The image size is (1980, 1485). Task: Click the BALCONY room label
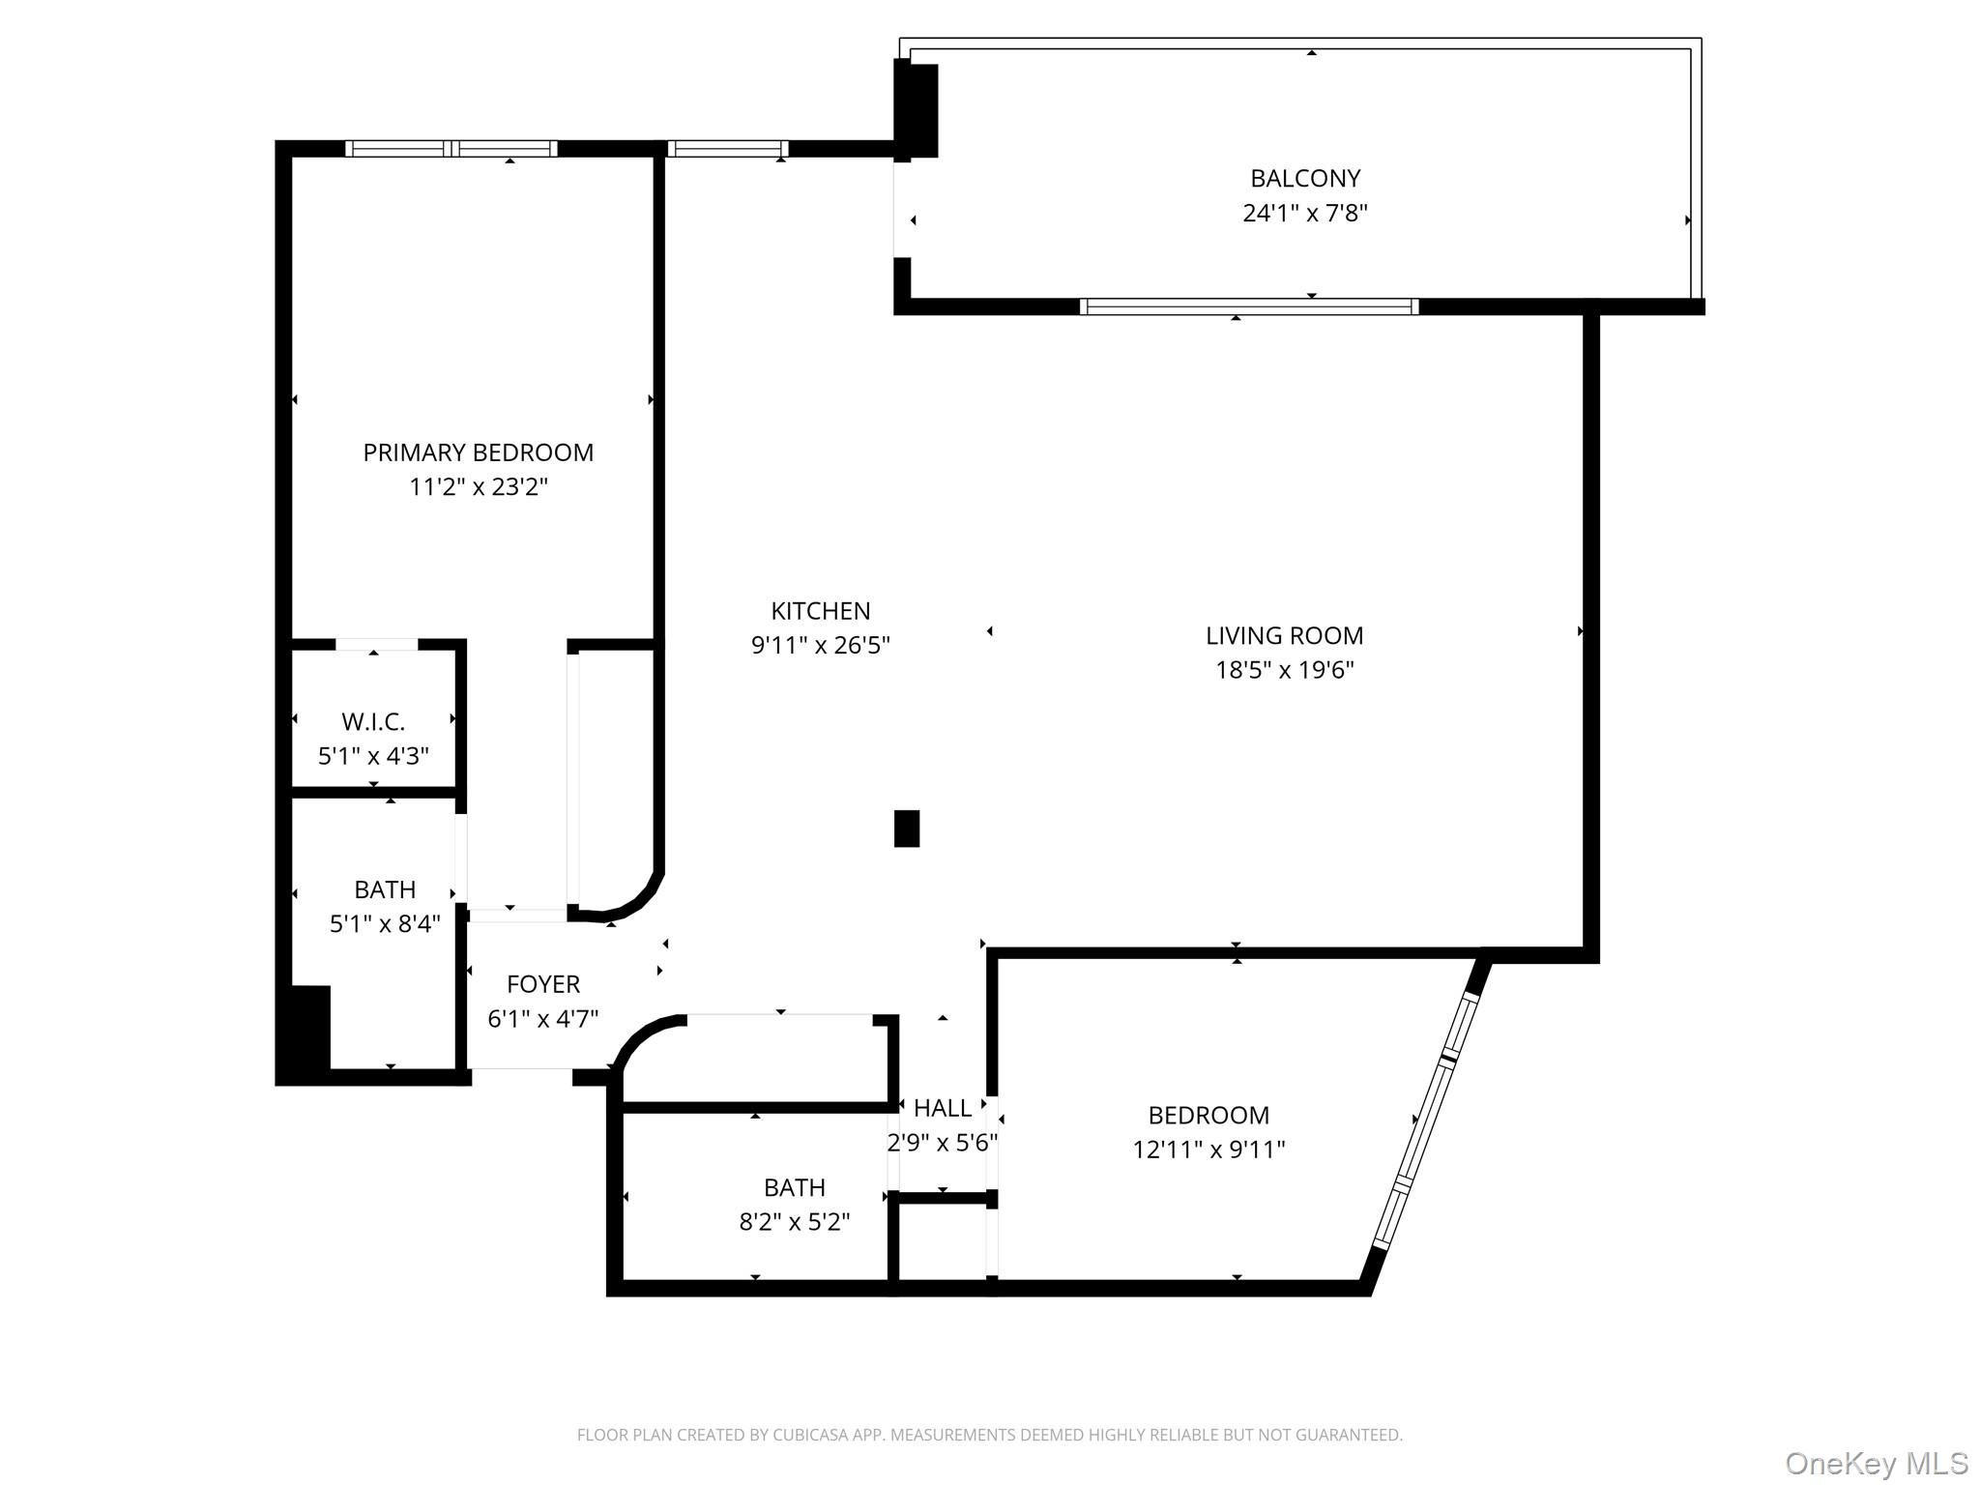(x=1304, y=178)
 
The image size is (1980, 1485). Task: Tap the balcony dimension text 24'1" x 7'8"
(x=1304, y=213)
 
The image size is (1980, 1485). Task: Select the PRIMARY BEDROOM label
(x=478, y=452)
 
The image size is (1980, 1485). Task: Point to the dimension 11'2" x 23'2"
(x=478, y=486)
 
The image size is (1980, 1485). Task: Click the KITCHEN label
(x=820, y=611)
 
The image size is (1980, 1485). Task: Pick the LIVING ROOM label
(x=1284, y=635)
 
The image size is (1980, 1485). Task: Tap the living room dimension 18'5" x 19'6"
(x=1284, y=670)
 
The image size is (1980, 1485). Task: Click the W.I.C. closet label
(x=373, y=721)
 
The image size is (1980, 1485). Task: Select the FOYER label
(x=543, y=984)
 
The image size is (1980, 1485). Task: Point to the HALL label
(x=942, y=1108)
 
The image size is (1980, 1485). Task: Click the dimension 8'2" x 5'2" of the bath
(x=794, y=1222)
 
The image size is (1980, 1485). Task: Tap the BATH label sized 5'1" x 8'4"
(x=385, y=889)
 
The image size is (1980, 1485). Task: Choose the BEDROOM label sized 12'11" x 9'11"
(x=1208, y=1115)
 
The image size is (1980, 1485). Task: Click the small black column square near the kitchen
(x=906, y=829)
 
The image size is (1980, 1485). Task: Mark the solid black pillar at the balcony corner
(x=917, y=109)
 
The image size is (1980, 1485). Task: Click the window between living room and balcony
(x=1248, y=306)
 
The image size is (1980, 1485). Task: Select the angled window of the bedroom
(x=1426, y=1121)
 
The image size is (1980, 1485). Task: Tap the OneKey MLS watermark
(x=1876, y=1464)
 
